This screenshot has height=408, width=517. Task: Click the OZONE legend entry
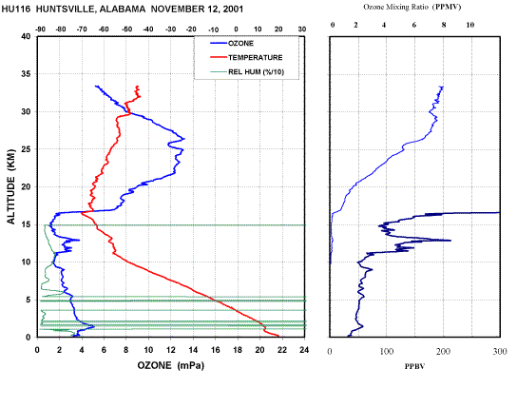[232, 43]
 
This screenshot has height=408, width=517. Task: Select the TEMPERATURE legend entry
[246, 57]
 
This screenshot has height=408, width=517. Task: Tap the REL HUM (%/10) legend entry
[247, 71]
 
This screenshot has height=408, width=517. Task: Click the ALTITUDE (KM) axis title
[10, 186]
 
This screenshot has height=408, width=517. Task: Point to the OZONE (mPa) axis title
[171, 365]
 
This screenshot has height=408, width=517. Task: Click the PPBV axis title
[414, 366]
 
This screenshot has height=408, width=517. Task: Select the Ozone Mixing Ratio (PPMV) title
[412, 7]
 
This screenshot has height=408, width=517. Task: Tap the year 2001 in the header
[233, 9]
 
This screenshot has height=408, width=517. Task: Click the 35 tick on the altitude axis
[26, 74]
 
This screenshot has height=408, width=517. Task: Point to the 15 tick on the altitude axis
[26, 224]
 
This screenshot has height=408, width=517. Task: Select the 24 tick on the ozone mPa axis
[304, 350]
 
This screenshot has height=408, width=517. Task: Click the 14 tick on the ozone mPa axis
[193, 350]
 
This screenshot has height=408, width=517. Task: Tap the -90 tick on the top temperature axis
[40, 29]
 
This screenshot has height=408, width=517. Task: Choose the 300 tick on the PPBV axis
[500, 352]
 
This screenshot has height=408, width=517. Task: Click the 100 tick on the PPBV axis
[387, 352]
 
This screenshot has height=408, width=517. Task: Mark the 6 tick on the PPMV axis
[414, 25]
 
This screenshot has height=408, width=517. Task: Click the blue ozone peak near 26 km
[184, 139]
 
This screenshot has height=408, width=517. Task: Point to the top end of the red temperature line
[137, 87]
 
